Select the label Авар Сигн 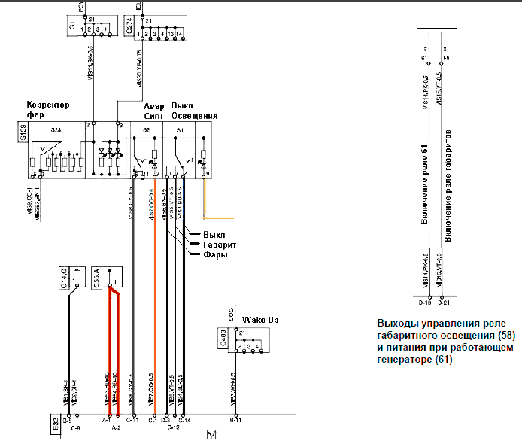[x=154, y=111]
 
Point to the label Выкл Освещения [x=195, y=111]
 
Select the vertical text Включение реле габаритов [x=449, y=185]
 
